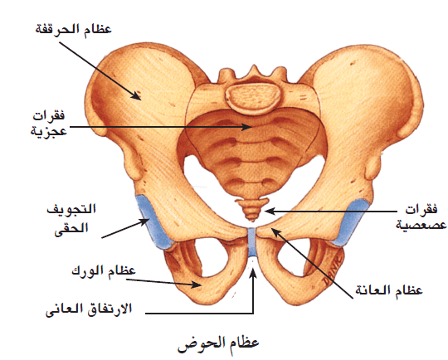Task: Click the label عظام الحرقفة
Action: click(74, 29)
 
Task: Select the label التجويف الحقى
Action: click(71, 219)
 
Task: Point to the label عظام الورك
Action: click(104, 270)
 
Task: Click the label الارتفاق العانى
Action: click(89, 309)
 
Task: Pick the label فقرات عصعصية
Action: click(421, 217)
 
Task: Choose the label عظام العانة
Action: click(389, 290)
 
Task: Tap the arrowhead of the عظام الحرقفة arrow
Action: click(137, 96)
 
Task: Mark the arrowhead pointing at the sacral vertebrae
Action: click(247, 127)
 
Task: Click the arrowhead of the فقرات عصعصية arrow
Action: click(269, 212)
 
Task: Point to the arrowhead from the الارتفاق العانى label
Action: click(253, 272)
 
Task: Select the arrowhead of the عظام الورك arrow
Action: click(197, 285)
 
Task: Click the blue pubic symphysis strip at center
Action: click(251, 242)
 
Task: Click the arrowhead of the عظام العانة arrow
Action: click(274, 231)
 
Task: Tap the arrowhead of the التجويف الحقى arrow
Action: click(145, 221)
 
